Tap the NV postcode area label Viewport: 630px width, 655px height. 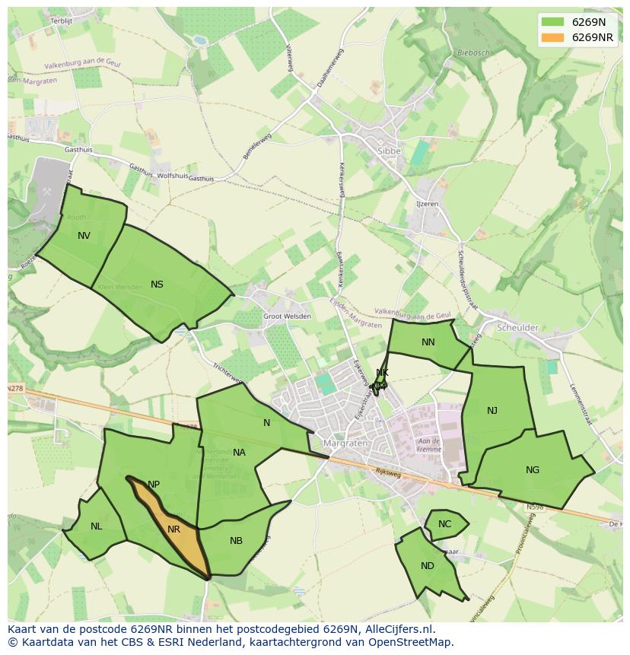pyautogui.click(x=84, y=236)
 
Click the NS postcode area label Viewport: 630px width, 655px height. pyautogui.click(x=157, y=285)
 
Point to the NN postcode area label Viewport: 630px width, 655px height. pyautogui.click(x=428, y=342)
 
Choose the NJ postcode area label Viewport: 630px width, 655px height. pyautogui.click(x=492, y=411)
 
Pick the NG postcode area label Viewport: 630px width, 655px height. pyautogui.click(x=533, y=470)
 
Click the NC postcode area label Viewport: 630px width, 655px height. pyautogui.click(x=444, y=524)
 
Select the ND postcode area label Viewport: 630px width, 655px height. pyautogui.click(x=428, y=566)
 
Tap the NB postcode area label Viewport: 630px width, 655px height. pyautogui.click(x=236, y=541)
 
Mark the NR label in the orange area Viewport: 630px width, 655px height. pyautogui.click(x=174, y=529)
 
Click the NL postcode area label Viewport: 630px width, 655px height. pyautogui.click(x=96, y=526)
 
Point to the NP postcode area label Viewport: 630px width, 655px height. pyautogui.click(x=154, y=485)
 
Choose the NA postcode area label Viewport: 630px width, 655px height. pyautogui.click(x=239, y=453)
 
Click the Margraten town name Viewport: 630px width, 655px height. pyautogui.click(x=345, y=443)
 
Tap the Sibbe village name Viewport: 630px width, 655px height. pyautogui.click(x=388, y=151)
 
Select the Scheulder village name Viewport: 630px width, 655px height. pyautogui.click(x=517, y=328)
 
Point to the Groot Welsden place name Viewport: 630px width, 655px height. pyautogui.click(x=287, y=316)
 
